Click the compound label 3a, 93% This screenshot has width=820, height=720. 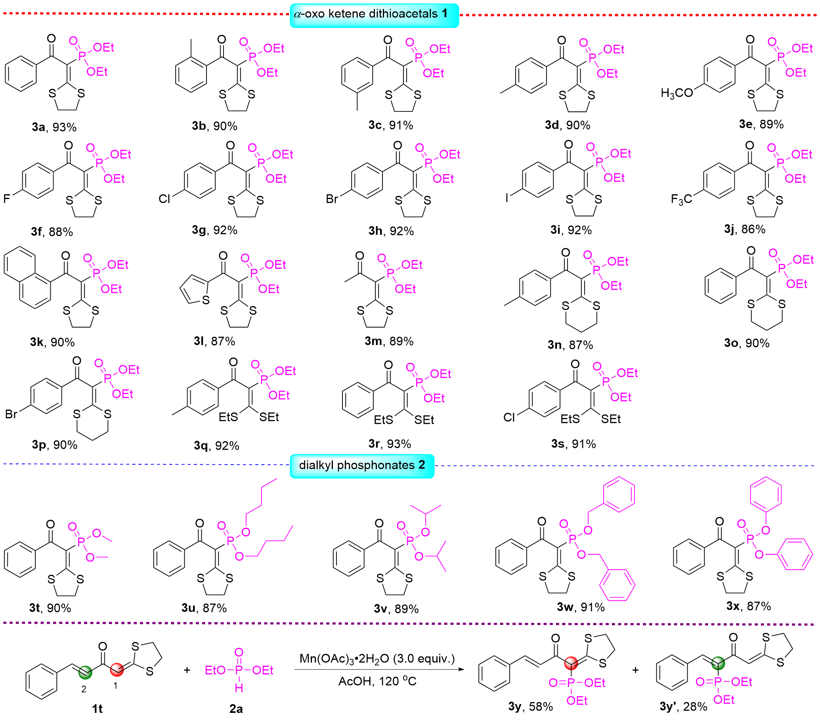tap(54, 127)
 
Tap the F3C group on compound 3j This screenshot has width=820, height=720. tap(681, 199)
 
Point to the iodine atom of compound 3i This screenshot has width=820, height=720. tap(507, 197)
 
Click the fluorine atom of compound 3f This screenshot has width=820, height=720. tap(7, 199)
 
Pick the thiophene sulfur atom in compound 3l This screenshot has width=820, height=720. tap(206, 300)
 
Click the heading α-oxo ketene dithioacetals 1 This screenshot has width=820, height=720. tap(374, 14)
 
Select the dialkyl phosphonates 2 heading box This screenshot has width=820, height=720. tap(362, 465)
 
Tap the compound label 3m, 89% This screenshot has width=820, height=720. tap(389, 341)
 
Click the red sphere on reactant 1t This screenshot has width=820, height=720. tap(117, 669)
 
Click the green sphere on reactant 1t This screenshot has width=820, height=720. tap(85, 672)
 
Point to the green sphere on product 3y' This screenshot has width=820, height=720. tap(718, 663)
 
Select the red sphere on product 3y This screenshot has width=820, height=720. tap(571, 663)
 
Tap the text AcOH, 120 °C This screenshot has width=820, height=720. tap(377, 682)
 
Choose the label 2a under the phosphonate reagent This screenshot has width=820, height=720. tap(236, 709)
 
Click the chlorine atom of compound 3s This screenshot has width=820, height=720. tap(509, 417)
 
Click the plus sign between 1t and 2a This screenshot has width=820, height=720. tap(187, 670)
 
